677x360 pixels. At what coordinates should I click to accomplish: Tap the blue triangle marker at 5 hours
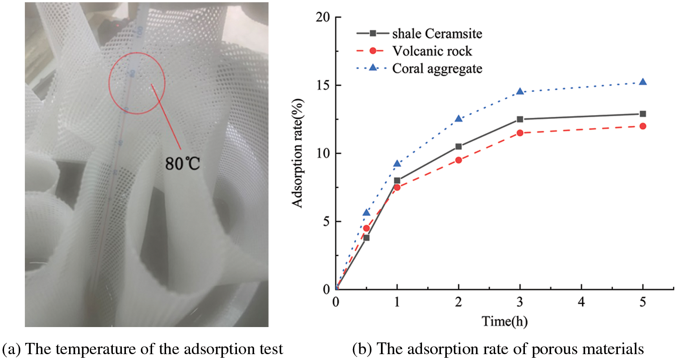tap(643, 82)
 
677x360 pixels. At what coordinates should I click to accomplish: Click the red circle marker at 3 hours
tap(520, 133)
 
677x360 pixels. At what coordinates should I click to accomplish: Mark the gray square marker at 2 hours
tap(459, 146)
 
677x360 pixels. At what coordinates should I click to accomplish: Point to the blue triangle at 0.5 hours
tap(366, 212)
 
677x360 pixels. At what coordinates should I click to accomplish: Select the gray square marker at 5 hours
tap(643, 114)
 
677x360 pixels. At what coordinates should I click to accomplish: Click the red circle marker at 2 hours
tap(459, 160)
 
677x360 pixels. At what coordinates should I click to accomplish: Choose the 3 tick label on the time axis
tap(520, 301)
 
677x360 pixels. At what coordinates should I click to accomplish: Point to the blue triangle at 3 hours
tap(520, 91)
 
